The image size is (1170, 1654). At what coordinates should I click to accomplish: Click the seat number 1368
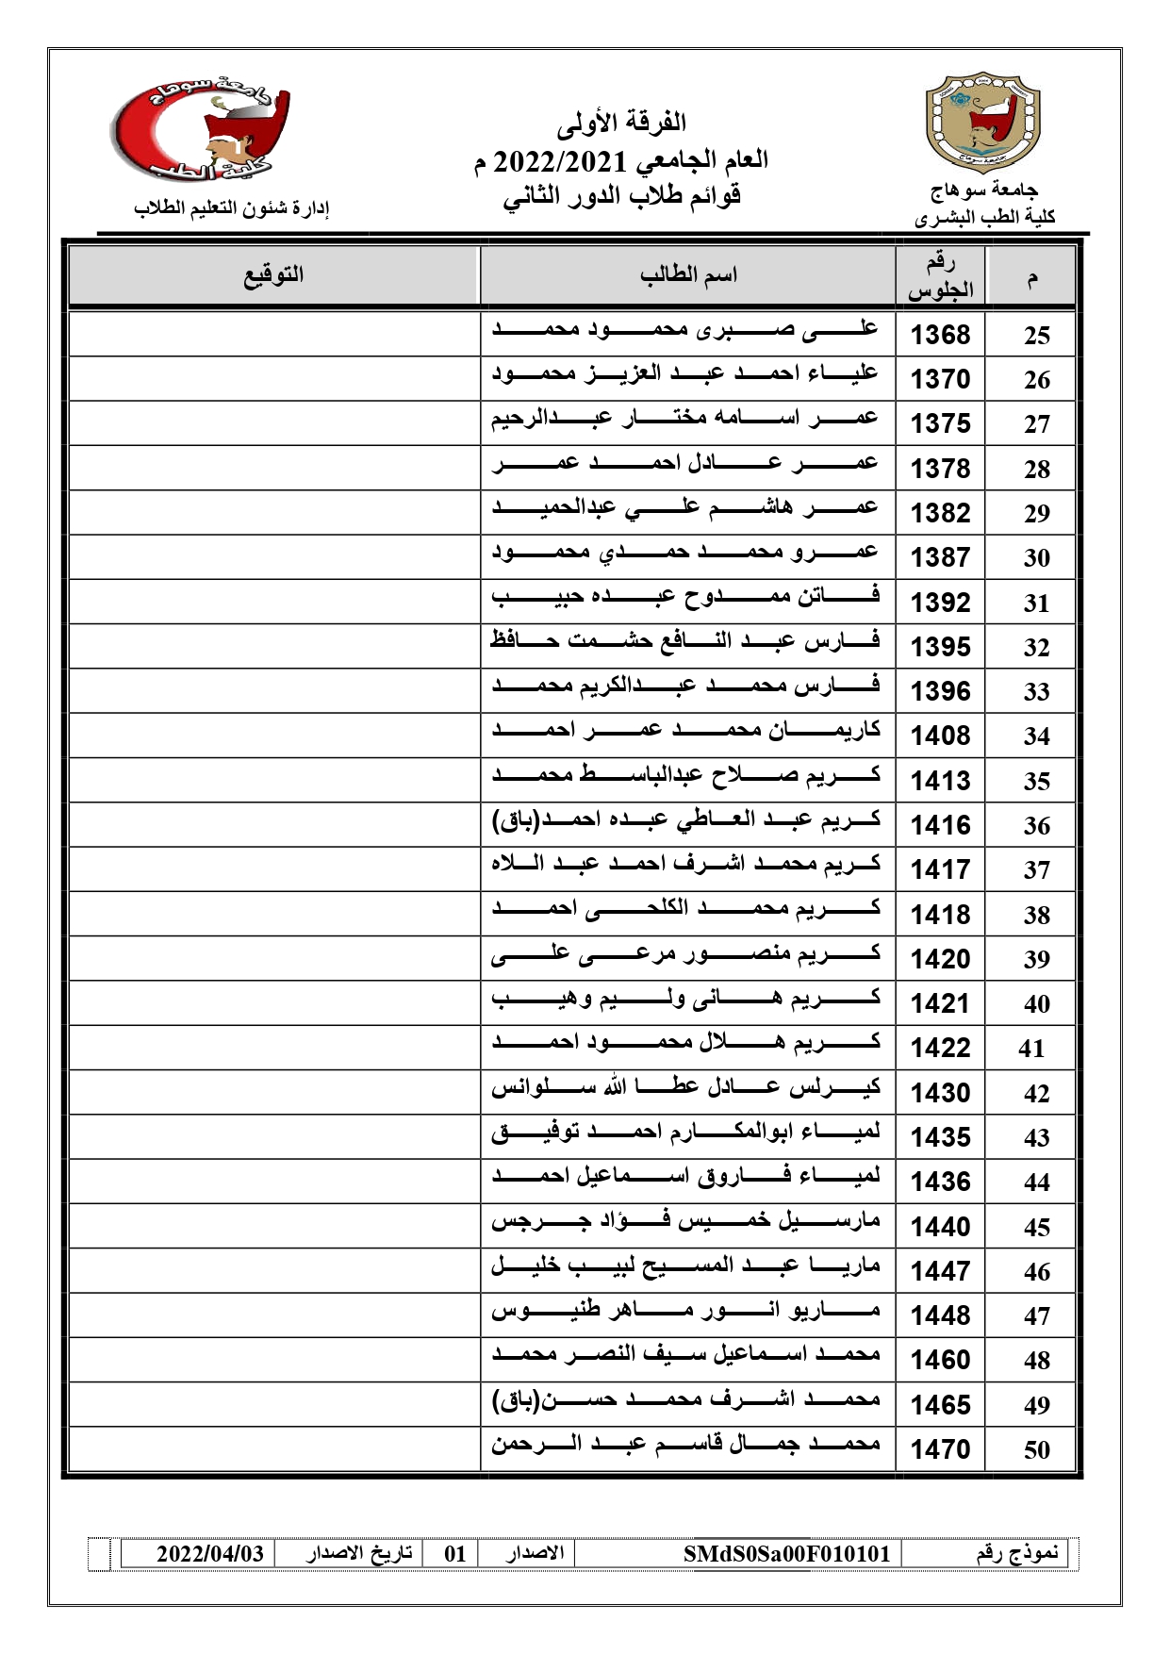pos(940,335)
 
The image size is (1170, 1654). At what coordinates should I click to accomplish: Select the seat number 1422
pos(940,1048)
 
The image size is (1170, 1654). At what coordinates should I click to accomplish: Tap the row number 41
pos(1031,1049)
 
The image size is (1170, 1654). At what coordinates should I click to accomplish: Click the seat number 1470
pos(940,1449)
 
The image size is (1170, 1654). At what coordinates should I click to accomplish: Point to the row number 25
pos(1036,336)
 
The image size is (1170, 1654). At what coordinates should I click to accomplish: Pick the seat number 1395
pos(940,647)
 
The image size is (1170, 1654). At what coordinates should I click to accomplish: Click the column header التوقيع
pos(274,275)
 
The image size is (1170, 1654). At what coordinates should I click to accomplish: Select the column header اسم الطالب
pos(688,275)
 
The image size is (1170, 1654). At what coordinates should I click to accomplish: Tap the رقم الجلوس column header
pos(940,277)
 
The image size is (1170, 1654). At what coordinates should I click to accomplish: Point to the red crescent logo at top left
pos(201,128)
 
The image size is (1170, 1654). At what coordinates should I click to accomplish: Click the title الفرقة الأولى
pos(621,123)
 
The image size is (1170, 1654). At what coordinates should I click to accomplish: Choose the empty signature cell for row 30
pos(274,556)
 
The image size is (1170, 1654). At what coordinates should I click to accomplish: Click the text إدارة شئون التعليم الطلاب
pos(231,208)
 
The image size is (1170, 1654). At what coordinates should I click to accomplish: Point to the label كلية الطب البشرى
pos(984,218)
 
